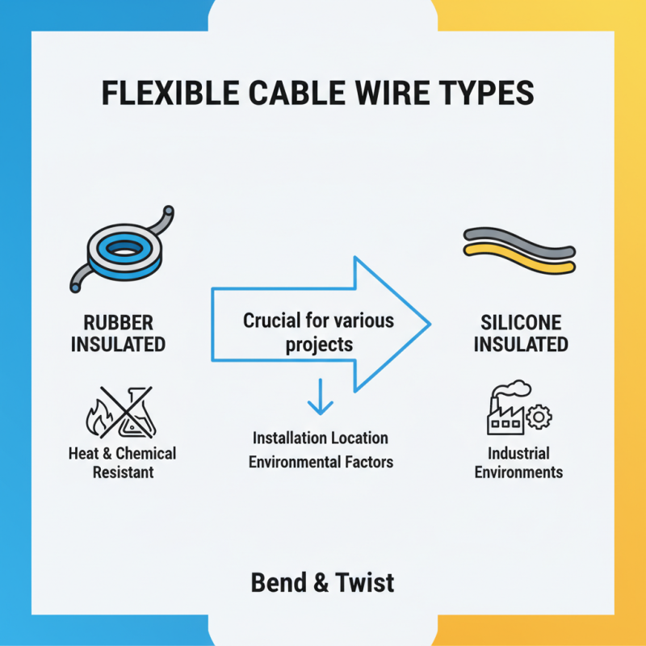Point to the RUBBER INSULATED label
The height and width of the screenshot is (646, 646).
point(118,332)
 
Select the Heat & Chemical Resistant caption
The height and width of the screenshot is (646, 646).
point(122,462)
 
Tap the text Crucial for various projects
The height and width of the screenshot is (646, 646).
point(318,332)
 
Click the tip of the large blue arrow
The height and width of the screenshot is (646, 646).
point(427,323)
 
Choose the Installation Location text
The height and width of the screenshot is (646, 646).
point(320,438)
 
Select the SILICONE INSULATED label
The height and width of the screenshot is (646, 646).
point(520,332)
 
